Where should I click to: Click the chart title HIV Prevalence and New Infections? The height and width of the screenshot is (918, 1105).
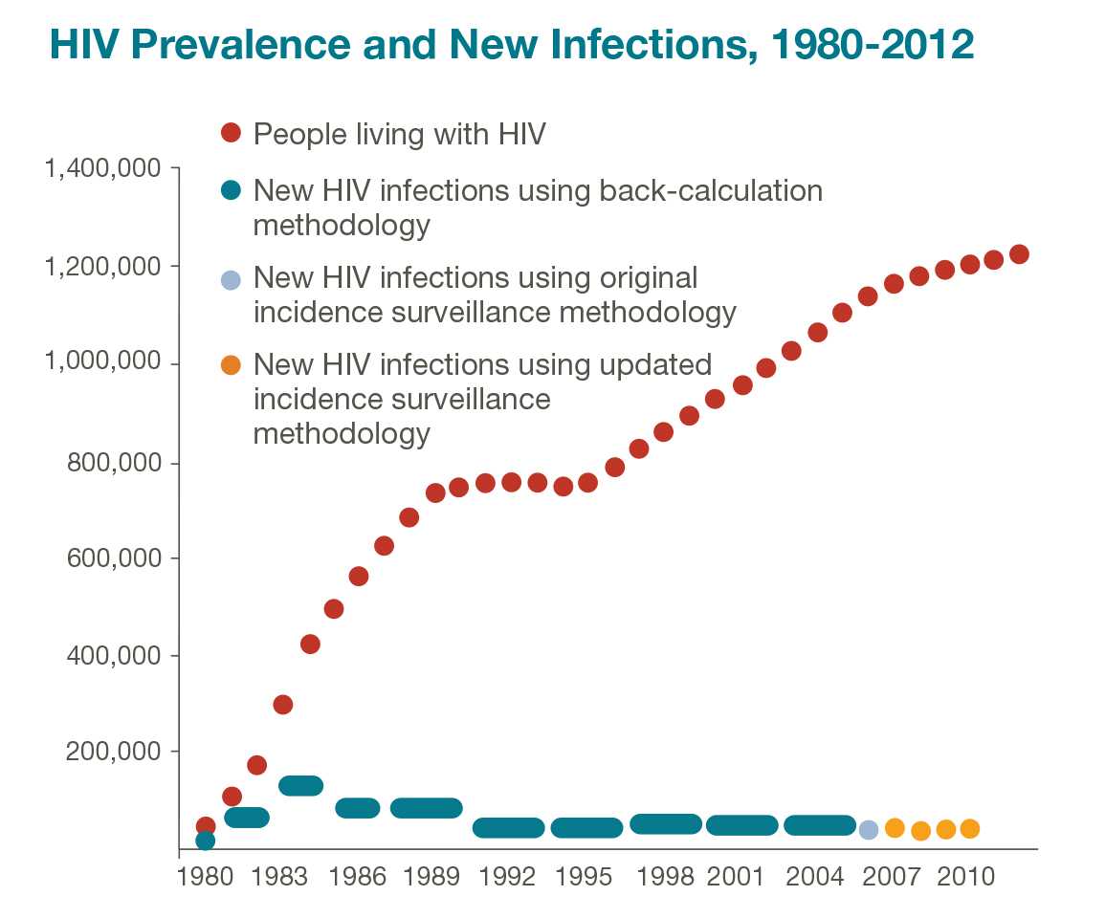pyautogui.click(x=511, y=44)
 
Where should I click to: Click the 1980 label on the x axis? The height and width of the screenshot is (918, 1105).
pyautogui.click(x=204, y=878)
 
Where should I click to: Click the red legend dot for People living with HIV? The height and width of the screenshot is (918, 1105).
pyautogui.click(x=231, y=133)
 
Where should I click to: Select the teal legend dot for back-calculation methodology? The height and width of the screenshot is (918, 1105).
pyautogui.click(x=231, y=190)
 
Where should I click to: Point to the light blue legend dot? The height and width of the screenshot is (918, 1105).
pyautogui.click(x=231, y=279)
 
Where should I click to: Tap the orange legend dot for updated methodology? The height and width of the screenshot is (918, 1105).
pyautogui.click(x=231, y=364)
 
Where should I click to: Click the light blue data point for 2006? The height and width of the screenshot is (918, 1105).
pyautogui.click(x=868, y=829)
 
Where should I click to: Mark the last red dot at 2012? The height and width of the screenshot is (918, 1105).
pyautogui.click(x=1019, y=254)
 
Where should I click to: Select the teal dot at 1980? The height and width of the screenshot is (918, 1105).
pyautogui.click(x=205, y=841)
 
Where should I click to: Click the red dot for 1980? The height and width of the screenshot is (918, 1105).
pyautogui.click(x=205, y=825)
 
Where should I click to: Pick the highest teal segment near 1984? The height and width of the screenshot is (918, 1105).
pyautogui.click(x=300, y=785)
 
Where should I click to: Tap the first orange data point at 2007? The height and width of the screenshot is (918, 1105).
pyautogui.click(x=895, y=827)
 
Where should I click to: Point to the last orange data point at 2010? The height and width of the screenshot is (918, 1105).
pyautogui.click(x=969, y=828)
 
